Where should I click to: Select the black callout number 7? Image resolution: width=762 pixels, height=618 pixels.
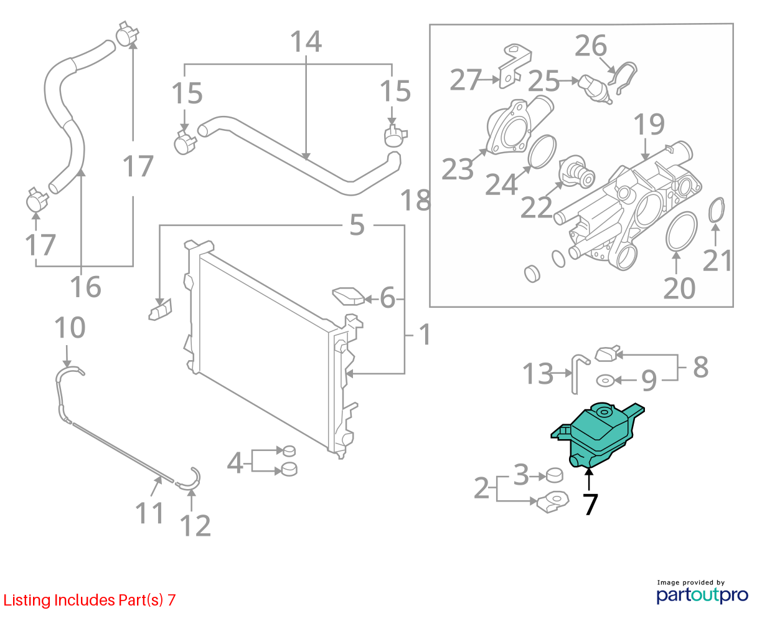[590, 504]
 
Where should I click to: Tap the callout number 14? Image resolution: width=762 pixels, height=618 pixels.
[306, 41]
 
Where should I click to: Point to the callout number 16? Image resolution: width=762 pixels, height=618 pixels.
[85, 287]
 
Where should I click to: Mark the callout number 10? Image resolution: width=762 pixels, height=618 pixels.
[70, 327]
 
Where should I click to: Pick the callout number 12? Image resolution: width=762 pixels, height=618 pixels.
[195, 526]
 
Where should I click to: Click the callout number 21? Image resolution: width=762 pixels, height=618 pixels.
[717, 260]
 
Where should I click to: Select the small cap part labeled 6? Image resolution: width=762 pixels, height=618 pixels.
[348, 297]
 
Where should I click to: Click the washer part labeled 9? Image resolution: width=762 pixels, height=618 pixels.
[605, 381]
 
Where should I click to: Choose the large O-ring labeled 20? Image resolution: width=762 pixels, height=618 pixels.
[682, 231]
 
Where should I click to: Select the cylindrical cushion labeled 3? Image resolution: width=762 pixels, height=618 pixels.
[554, 475]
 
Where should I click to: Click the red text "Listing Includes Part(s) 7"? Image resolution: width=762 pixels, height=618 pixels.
[90, 600]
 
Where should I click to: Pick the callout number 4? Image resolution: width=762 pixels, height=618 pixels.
[235, 462]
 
